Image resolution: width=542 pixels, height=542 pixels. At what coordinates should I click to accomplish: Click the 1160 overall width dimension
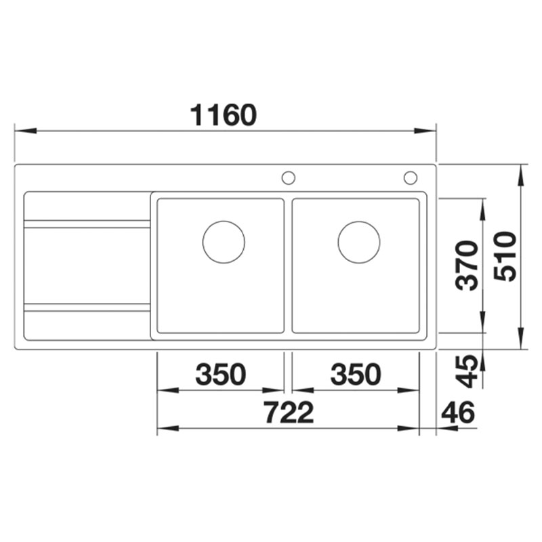pos(224,115)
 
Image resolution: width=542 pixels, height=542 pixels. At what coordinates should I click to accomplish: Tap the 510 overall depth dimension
pos(505,257)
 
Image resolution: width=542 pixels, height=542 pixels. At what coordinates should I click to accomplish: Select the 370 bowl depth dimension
pos(467,266)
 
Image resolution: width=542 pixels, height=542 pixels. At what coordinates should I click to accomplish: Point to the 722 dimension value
pos(289,413)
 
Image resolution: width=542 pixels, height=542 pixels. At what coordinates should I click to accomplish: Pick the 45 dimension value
pos(467,371)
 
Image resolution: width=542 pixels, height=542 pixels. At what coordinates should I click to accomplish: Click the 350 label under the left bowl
pos(221,375)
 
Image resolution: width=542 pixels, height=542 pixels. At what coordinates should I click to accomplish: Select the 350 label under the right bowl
pos(356,375)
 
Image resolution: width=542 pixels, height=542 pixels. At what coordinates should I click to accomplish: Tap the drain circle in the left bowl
pos(224,222)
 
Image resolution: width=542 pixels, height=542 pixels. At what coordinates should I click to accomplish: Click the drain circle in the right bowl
pos(359,222)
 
